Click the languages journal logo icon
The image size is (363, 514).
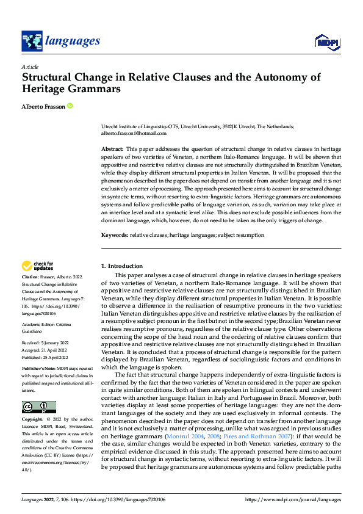[x=32, y=42]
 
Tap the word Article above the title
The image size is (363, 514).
[x=30, y=67]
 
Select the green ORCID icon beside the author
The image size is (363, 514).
[x=70, y=106]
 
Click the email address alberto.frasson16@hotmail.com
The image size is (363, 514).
[x=134, y=132]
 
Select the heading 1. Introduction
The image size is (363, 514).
[x=121, y=266]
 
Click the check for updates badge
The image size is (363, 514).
[x=38, y=266]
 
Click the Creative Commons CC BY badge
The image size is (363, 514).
[x=38, y=407]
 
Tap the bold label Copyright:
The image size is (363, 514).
[x=33, y=420]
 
